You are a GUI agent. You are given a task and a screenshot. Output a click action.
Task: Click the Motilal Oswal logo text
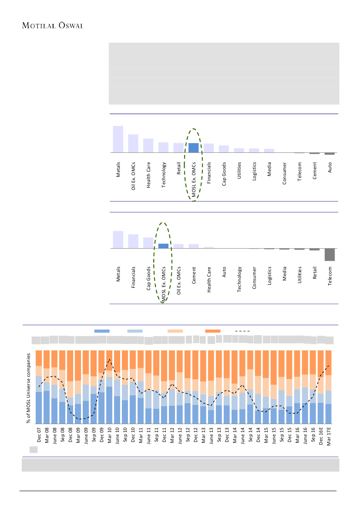point(53,25)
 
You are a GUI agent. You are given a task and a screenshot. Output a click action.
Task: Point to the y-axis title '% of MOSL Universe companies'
point(28,388)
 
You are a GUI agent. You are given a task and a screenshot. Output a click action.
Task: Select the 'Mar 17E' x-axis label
point(329,436)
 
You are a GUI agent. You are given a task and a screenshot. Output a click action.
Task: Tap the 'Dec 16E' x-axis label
point(321,436)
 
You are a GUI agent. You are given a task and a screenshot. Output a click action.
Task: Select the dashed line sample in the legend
point(242,331)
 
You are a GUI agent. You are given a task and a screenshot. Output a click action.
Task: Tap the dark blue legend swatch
point(102,331)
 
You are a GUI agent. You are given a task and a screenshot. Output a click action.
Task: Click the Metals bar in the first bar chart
point(118,139)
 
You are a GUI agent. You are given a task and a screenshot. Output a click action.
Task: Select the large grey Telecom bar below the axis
point(330,255)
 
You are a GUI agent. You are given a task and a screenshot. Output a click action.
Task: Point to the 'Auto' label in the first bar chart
point(330,167)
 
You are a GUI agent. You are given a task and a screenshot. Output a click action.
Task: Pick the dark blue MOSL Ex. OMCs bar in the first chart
point(193,148)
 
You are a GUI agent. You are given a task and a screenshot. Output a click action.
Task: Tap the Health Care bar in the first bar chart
point(148,145)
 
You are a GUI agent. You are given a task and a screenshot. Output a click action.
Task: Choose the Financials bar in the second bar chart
point(133,241)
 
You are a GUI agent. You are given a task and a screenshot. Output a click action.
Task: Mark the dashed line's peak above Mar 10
point(110,359)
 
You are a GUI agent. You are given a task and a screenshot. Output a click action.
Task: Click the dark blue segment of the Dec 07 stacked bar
point(39,408)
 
